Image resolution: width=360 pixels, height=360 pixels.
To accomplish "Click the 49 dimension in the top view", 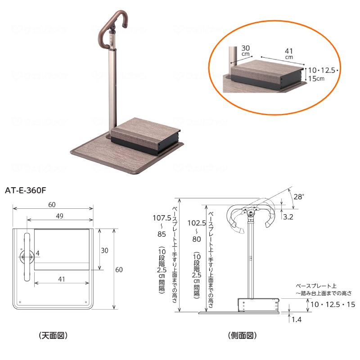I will pos(60,216).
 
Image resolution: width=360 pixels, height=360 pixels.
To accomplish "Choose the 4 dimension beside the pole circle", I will pos(38,253).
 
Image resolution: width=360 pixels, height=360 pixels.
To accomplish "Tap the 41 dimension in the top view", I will pos(62,279).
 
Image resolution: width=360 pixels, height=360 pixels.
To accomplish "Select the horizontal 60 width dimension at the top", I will pos(52,205).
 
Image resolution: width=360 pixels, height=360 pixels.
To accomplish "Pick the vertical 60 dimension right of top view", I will pos(119,270).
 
